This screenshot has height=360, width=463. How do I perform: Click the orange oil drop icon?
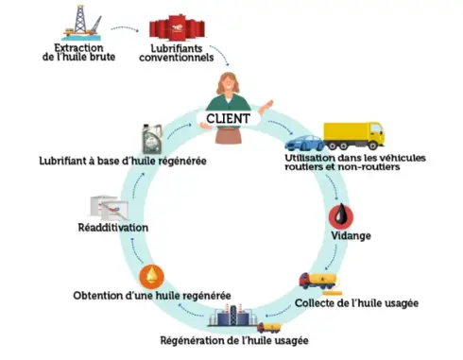click(149, 277)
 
